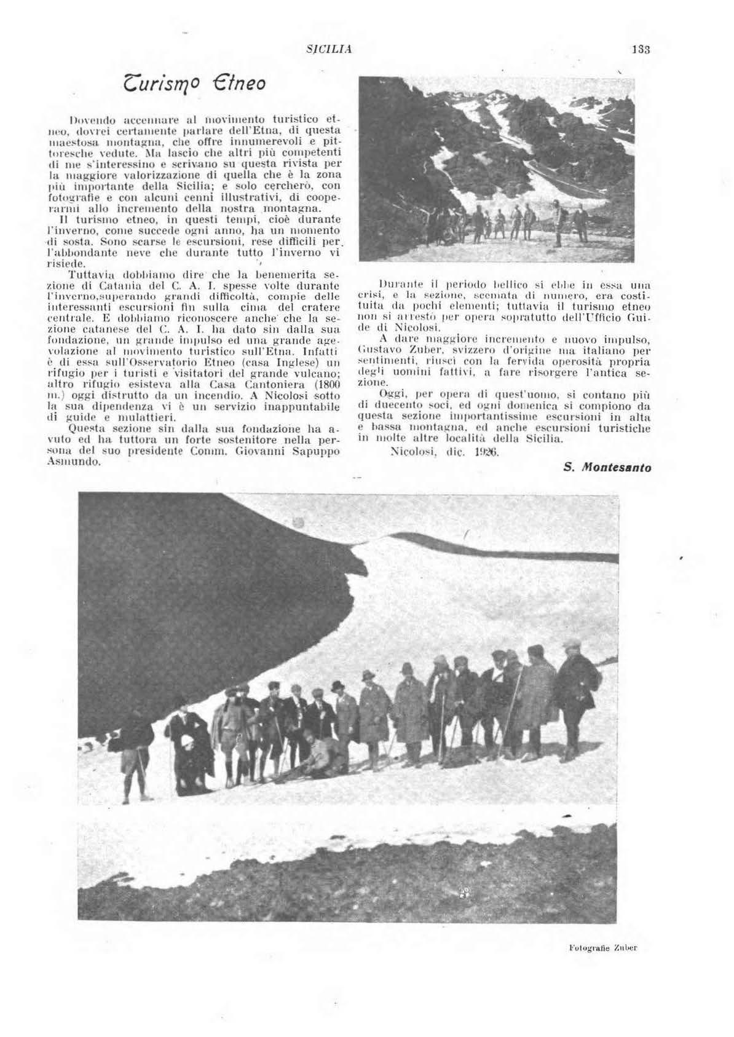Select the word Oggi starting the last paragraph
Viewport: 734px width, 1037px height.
click(x=391, y=393)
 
